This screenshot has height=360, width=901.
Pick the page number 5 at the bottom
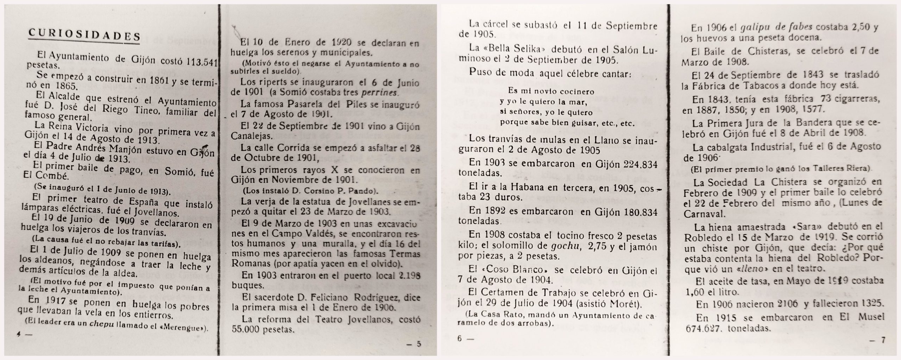418,344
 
